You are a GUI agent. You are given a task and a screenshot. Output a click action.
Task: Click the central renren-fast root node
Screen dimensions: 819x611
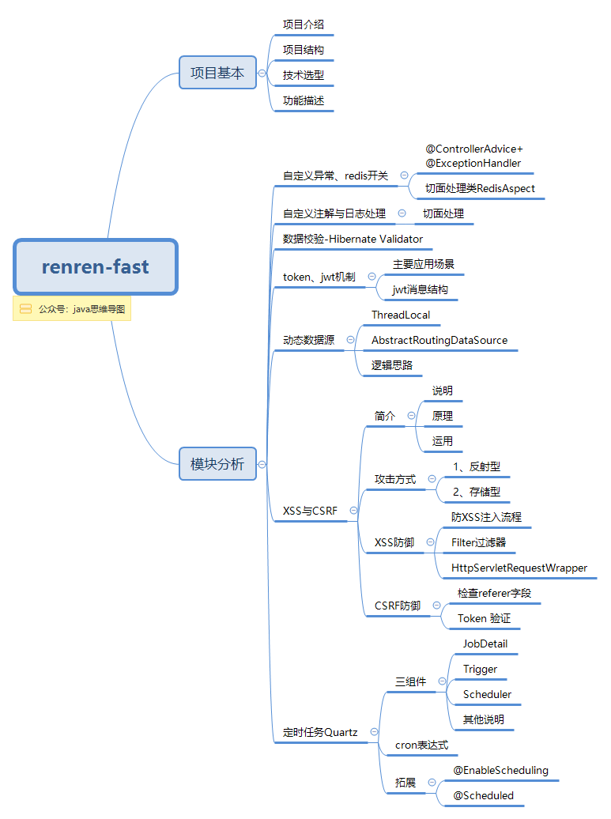[95, 266]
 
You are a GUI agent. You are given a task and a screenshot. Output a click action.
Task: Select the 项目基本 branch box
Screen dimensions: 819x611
[217, 73]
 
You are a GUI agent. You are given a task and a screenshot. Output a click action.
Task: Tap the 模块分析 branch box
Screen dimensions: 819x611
[217, 464]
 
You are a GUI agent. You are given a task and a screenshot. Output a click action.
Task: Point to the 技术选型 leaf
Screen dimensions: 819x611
[304, 75]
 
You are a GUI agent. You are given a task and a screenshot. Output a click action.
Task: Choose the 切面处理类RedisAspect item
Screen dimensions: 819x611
[480, 188]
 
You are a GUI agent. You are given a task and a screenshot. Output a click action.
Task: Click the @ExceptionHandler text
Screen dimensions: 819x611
[473, 163]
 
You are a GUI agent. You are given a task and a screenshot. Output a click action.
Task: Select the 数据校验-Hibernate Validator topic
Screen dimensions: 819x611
[353, 239]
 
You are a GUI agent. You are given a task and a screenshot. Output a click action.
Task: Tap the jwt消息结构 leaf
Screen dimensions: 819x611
[421, 289]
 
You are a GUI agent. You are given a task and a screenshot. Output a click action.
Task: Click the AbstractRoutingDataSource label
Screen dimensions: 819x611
[439, 340]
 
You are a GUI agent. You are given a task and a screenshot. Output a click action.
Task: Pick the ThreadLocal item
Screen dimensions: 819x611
[401, 315]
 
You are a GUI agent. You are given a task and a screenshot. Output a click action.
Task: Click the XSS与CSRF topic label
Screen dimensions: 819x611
[310, 511]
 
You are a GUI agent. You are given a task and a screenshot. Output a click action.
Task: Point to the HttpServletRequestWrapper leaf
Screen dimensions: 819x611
[519, 568]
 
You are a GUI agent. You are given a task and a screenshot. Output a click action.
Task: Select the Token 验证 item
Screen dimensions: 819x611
[484, 618]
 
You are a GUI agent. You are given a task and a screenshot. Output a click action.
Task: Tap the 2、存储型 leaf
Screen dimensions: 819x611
[477, 492]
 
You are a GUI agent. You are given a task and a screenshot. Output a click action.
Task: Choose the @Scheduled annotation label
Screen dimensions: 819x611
[483, 795]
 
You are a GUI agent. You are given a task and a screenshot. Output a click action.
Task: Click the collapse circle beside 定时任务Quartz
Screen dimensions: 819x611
[374, 732]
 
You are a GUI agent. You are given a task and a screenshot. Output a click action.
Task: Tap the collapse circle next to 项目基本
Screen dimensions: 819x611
[262, 74]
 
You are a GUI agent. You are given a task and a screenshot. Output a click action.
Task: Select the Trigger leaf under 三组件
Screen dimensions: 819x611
[480, 669]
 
